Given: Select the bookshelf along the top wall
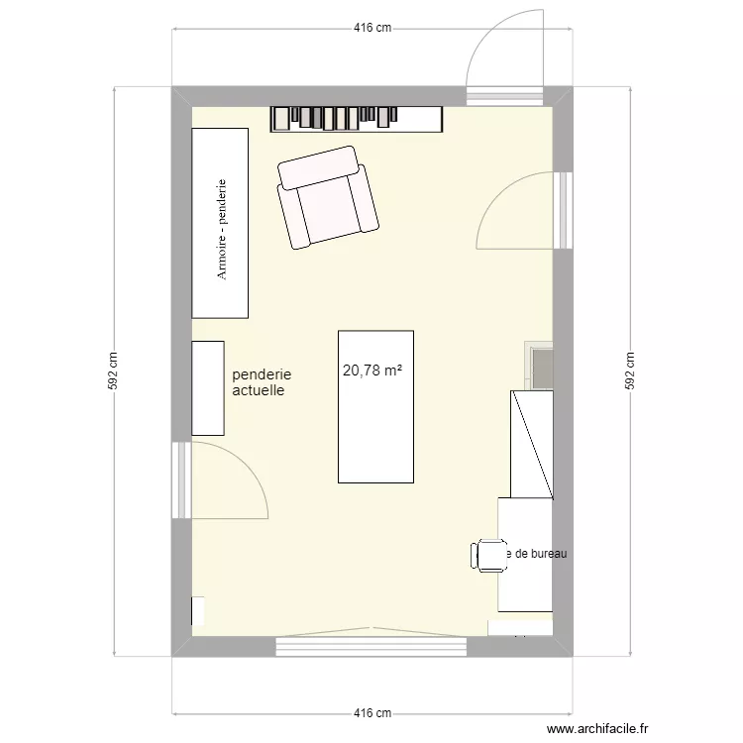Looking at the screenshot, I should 356,118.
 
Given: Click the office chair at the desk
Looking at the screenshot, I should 489,555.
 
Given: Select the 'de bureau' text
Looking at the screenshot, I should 539,554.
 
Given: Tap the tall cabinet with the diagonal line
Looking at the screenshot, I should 531,443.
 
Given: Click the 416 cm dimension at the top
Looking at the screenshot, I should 371,29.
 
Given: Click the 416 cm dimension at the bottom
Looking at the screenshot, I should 371,713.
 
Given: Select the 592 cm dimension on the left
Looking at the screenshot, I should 115,371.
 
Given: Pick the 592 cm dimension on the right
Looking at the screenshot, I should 627,371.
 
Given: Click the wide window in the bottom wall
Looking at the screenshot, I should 371,644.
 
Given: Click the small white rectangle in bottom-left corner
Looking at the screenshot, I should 198,611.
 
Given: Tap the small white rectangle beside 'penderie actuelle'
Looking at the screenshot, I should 208,387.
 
